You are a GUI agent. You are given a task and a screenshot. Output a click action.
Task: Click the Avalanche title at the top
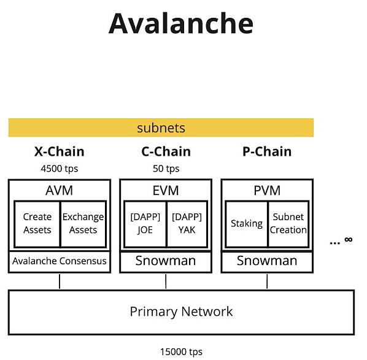(181, 24)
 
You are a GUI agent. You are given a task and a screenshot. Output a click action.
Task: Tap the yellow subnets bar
(161, 128)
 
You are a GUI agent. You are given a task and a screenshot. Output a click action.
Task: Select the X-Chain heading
(59, 151)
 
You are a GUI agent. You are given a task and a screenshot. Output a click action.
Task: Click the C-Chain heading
(166, 151)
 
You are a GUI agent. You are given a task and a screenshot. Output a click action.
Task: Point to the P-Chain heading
(267, 151)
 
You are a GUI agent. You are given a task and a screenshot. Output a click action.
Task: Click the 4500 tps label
(59, 169)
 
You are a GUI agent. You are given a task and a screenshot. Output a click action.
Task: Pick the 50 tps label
(166, 169)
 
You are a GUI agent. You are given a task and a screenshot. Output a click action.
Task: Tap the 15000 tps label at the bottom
(181, 351)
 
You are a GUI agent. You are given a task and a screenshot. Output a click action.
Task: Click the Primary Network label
(181, 312)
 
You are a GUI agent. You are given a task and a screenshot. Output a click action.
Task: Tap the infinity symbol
(348, 240)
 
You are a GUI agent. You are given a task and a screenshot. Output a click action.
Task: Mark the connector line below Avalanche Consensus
(60, 281)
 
